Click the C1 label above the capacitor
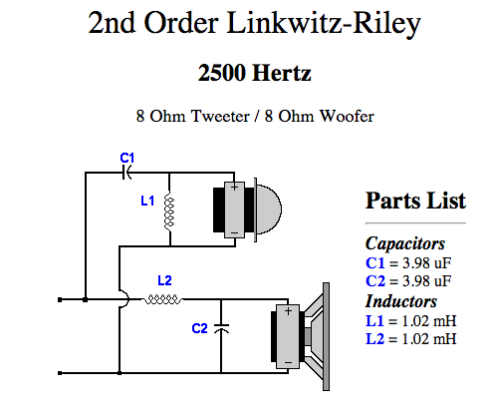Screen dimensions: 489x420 (127, 158)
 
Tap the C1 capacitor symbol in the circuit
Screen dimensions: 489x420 (126, 173)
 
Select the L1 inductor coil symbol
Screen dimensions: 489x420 (169, 212)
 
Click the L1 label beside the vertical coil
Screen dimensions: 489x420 (147, 201)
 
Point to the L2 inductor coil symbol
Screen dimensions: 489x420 (162, 299)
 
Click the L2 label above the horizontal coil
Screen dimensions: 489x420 (164, 280)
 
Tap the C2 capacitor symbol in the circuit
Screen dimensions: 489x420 (221, 328)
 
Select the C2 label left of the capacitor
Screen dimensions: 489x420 (199, 328)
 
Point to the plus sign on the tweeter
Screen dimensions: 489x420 (234, 188)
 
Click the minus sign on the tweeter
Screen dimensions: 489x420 (234, 232)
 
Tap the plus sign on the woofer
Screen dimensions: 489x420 (288, 311)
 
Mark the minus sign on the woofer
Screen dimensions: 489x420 (288, 362)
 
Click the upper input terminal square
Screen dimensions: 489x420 (60, 299)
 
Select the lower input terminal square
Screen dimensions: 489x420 (60, 373)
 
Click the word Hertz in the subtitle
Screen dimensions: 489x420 (282, 73)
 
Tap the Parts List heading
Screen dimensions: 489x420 (415, 201)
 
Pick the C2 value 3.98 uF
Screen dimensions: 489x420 (427, 281)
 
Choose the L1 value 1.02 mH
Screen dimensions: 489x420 (429, 321)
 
